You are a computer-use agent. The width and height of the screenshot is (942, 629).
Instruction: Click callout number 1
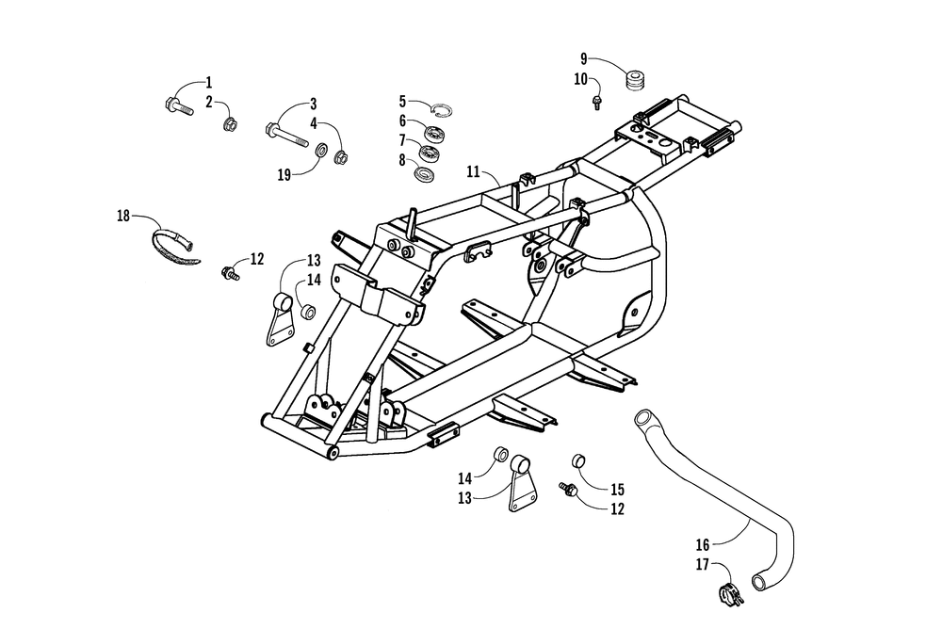(209, 82)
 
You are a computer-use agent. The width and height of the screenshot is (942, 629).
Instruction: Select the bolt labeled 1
(177, 102)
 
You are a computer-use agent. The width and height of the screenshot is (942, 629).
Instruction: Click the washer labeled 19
(320, 152)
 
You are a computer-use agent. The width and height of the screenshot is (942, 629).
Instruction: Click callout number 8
(402, 159)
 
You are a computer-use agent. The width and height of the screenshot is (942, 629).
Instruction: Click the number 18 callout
(123, 216)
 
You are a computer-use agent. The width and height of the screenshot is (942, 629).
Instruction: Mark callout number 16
(702, 544)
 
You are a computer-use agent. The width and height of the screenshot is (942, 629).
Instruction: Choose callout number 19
(284, 173)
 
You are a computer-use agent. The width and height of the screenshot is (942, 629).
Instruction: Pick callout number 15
(617, 490)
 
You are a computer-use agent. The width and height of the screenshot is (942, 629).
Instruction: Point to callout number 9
(584, 58)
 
